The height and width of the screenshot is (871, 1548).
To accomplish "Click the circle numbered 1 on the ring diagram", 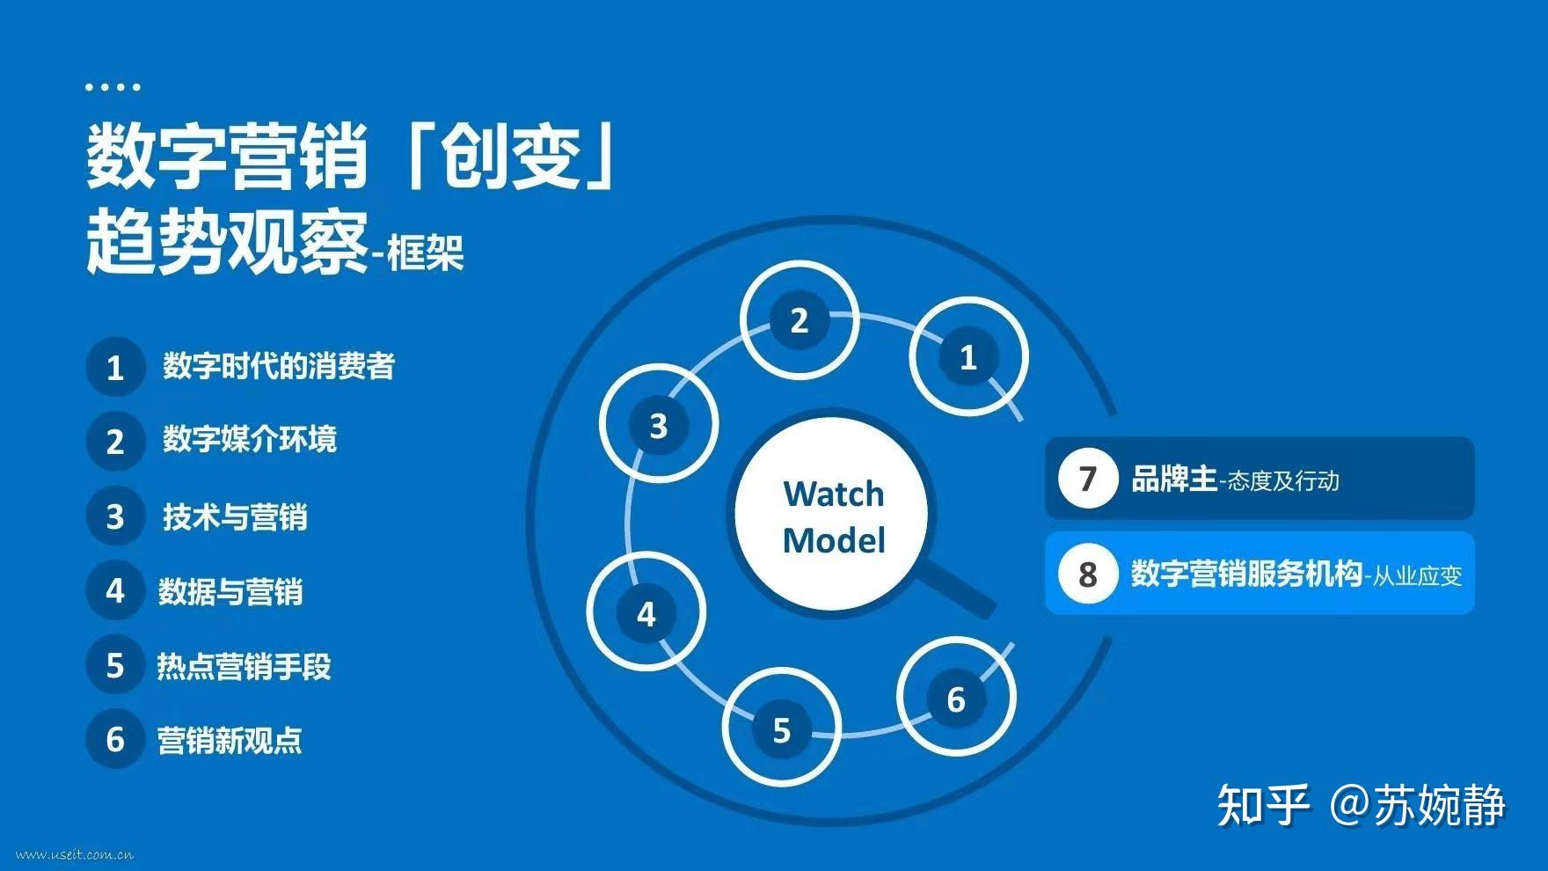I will click(x=967, y=357).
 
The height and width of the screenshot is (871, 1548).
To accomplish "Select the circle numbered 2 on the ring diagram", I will click(x=799, y=320).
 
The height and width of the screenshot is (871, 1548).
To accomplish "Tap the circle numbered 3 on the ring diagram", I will click(x=659, y=426).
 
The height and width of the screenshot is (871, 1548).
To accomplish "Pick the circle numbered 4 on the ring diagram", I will click(x=646, y=613).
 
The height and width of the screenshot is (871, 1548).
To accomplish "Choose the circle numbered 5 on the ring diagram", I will click(x=781, y=729).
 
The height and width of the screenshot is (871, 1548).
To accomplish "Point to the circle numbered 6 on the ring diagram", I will click(x=956, y=699).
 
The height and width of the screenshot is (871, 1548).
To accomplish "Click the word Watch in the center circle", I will click(x=833, y=494).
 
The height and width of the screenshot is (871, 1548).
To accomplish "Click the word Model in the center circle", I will click(x=833, y=540).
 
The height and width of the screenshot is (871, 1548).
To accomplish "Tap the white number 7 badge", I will click(x=1087, y=479).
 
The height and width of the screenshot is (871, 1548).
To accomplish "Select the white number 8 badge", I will click(x=1087, y=574).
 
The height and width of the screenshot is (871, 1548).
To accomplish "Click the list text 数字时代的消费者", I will click(x=279, y=366).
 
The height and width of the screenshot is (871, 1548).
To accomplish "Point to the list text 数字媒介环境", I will click(x=250, y=439).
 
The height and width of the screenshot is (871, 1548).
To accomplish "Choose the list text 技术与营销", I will click(x=235, y=516).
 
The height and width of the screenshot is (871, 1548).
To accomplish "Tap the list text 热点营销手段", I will click(x=244, y=666).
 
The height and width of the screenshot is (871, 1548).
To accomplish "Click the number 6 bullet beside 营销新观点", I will click(x=115, y=739).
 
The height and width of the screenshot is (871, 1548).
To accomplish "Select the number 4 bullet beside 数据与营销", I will click(x=115, y=590).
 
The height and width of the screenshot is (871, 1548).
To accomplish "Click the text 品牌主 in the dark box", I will click(x=1174, y=479).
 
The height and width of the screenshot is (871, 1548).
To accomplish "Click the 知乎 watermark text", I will click(x=1262, y=804).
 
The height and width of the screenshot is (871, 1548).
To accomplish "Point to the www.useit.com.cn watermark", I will click(x=74, y=854).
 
